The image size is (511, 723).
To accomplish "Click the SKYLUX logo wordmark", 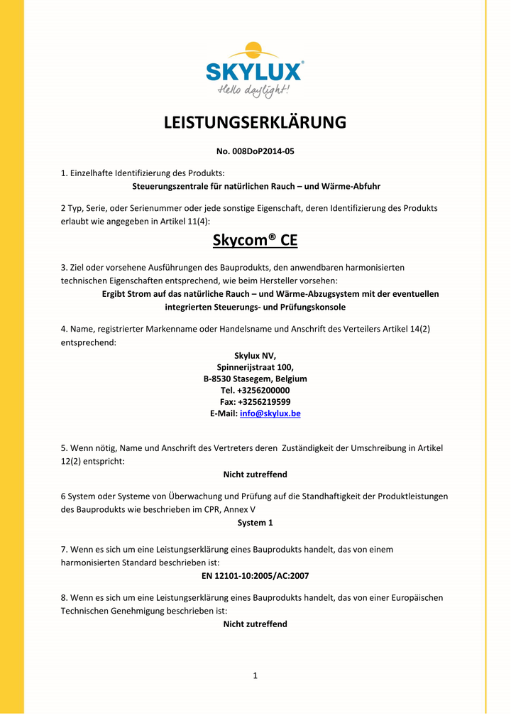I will [x=255, y=72].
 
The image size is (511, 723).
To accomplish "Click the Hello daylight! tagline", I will [x=254, y=91].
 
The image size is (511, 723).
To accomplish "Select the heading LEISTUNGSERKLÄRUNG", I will [x=255, y=123].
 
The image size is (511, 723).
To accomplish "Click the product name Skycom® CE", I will [x=255, y=241].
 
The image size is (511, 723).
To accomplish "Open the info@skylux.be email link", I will [x=270, y=413].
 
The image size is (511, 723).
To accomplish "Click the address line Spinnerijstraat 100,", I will [x=255, y=367].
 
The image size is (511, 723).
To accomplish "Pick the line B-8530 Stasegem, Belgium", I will [x=255, y=379].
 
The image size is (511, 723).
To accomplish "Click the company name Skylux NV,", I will [x=255, y=356].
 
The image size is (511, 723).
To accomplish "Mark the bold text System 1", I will [x=255, y=523].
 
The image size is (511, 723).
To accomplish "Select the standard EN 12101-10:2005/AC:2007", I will [x=255, y=575].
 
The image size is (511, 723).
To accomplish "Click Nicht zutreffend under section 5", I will [x=255, y=474].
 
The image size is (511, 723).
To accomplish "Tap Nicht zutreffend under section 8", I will [x=255, y=624].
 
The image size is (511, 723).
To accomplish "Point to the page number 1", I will [x=255, y=675].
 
